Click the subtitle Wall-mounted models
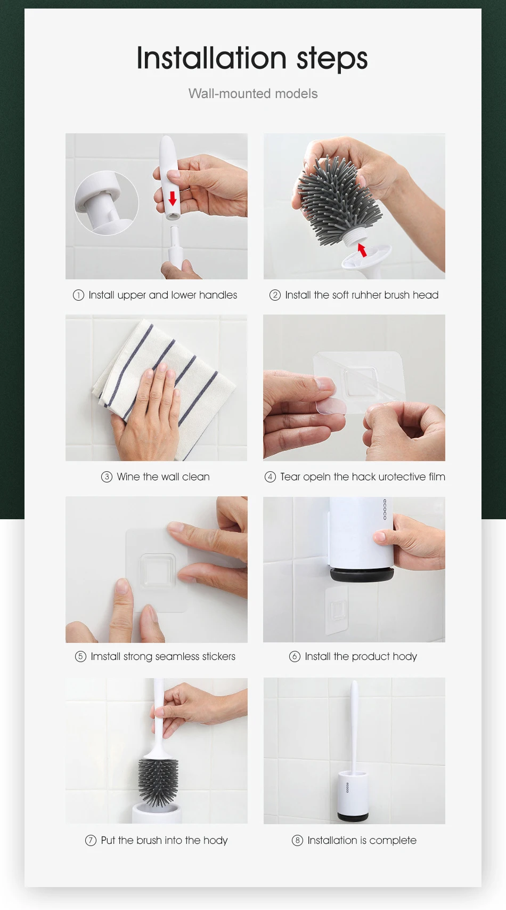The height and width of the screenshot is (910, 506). pos(253,93)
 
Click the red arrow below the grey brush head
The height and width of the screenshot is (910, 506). pos(362,250)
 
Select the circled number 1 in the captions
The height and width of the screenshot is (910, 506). pos(78,295)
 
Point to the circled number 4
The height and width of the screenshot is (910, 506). pos(270,477)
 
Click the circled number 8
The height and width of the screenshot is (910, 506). pos(297,840)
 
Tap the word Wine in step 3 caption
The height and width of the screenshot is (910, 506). pos(128,477)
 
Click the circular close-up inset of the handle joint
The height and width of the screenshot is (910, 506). pos(107,203)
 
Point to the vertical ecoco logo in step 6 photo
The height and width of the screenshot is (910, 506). pos(385,509)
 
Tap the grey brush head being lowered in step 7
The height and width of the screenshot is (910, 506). pos(158,783)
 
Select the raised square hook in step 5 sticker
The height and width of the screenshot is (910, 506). pos(158,571)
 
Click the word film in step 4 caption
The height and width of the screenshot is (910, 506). pos(437,477)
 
